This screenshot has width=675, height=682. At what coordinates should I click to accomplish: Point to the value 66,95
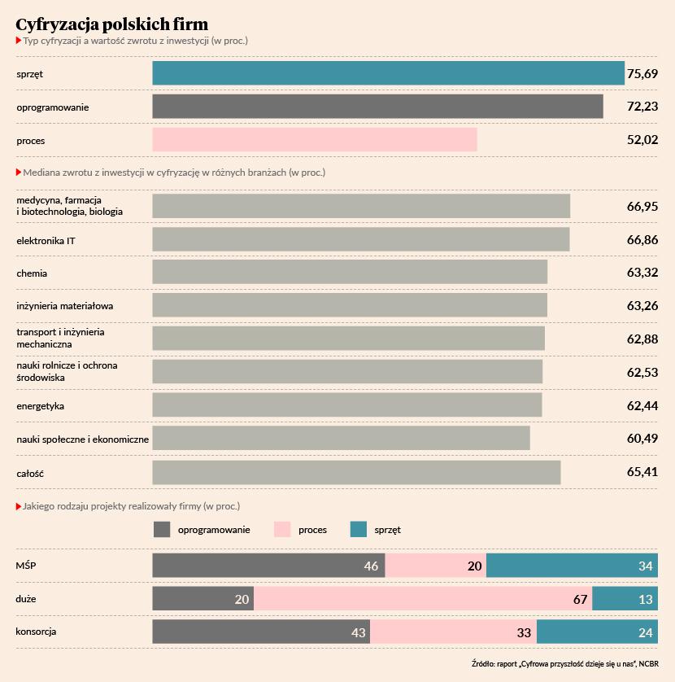(x=642, y=207)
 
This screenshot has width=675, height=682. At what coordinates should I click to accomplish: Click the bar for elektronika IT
(x=360, y=239)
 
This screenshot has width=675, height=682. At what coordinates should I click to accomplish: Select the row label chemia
(x=32, y=273)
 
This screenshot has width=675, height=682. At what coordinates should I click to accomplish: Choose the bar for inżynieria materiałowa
(x=350, y=306)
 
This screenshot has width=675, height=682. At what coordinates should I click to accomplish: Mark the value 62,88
(x=642, y=339)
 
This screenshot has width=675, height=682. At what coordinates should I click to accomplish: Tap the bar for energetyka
(x=346, y=405)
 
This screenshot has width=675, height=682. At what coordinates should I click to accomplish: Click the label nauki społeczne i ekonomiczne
(x=82, y=439)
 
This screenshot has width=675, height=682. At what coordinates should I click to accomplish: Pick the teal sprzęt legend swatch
(x=359, y=530)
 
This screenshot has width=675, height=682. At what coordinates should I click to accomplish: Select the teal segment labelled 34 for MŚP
(x=572, y=566)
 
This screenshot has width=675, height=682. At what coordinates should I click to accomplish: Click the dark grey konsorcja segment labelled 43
(x=260, y=632)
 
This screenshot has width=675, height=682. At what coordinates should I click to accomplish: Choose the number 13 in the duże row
(x=644, y=600)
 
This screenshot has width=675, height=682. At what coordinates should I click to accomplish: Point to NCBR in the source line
(x=649, y=663)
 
